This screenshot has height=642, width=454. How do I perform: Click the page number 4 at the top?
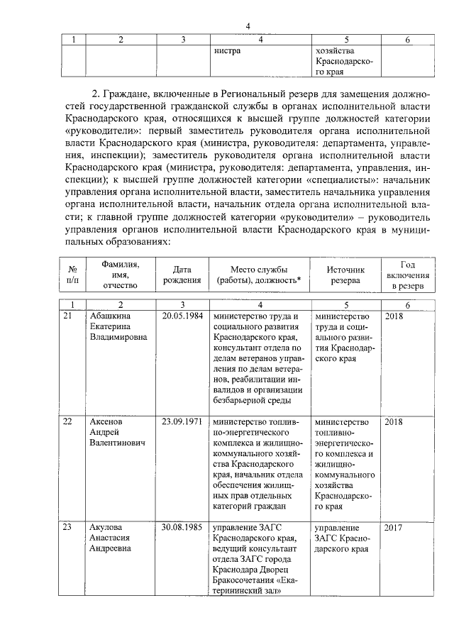(x=248, y=26)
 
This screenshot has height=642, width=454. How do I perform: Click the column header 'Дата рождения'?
(x=182, y=275)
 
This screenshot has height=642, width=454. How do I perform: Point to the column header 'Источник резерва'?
(x=345, y=275)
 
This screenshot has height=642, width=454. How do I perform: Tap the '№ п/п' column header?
(x=72, y=275)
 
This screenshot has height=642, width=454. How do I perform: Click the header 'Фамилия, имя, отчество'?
(x=120, y=275)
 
